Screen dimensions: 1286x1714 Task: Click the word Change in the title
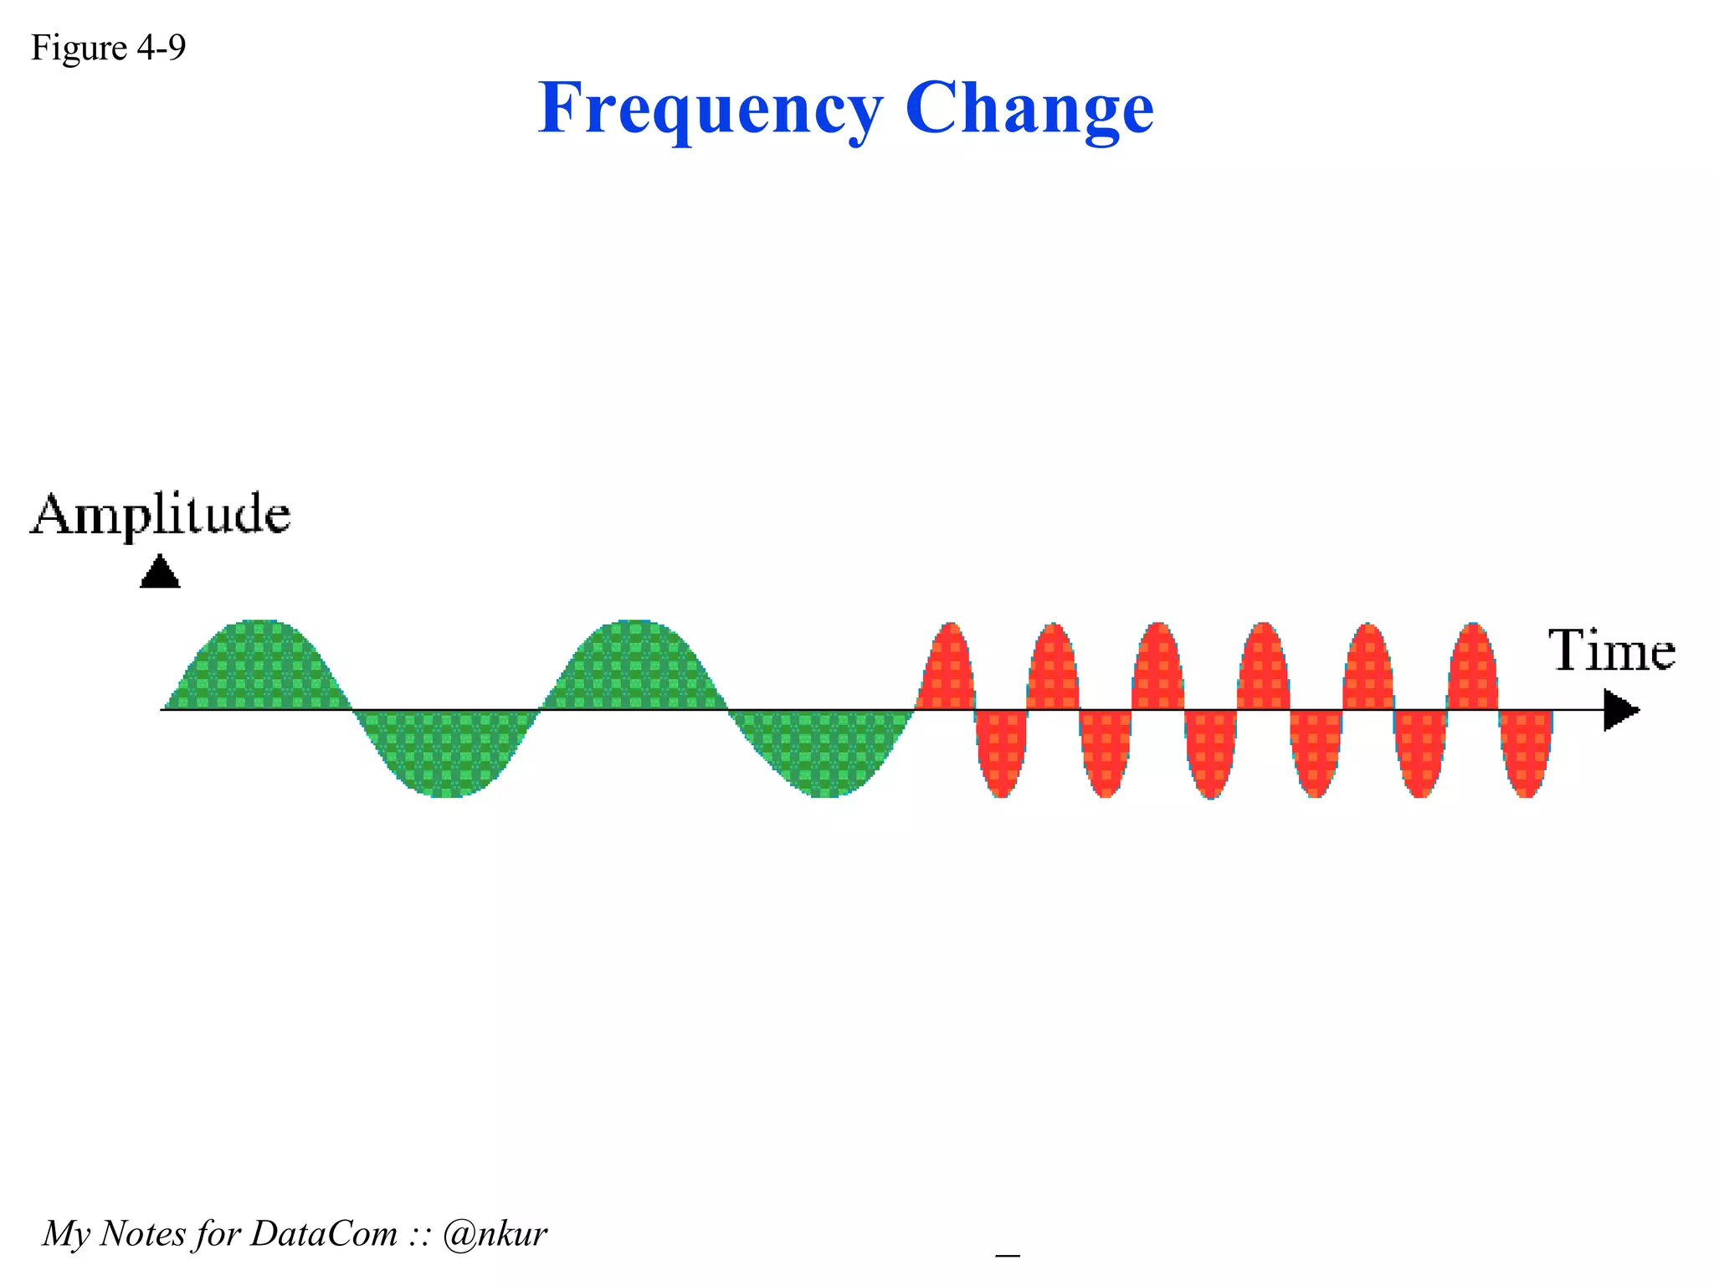1029,109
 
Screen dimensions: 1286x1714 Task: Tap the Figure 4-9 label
108,48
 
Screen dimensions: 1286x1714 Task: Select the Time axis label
1611,651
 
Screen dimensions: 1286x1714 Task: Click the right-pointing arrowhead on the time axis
1620,710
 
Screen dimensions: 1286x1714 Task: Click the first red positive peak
947,670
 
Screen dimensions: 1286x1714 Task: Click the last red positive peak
1473,670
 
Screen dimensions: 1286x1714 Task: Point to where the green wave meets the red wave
915,709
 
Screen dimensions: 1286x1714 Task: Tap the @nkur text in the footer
495,1233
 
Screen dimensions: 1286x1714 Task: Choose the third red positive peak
1157,670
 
